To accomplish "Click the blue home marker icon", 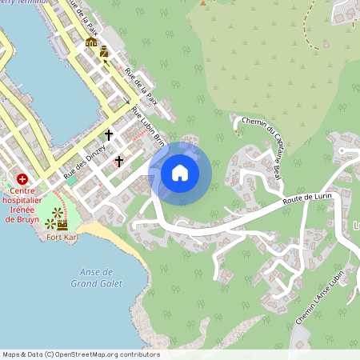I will [x=179, y=171].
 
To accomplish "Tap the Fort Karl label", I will [x=62, y=237].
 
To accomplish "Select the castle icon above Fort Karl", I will [x=62, y=225].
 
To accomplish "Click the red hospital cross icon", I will [x=22, y=180].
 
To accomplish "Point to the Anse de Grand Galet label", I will [x=95, y=278].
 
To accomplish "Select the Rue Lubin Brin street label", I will [x=148, y=127].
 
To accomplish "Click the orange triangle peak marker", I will [x=203, y=2].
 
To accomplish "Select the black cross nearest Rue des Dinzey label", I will [x=119, y=162].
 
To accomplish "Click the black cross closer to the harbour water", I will [x=109, y=135].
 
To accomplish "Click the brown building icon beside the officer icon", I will [x=90, y=42].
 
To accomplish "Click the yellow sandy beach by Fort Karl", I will [x=104, y=234].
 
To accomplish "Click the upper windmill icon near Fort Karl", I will [x=56, y=212].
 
